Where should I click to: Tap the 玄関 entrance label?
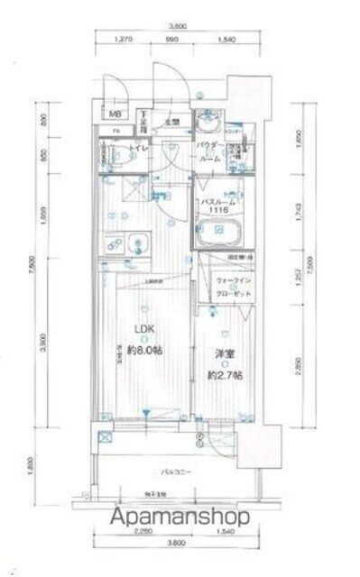[172, 122]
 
